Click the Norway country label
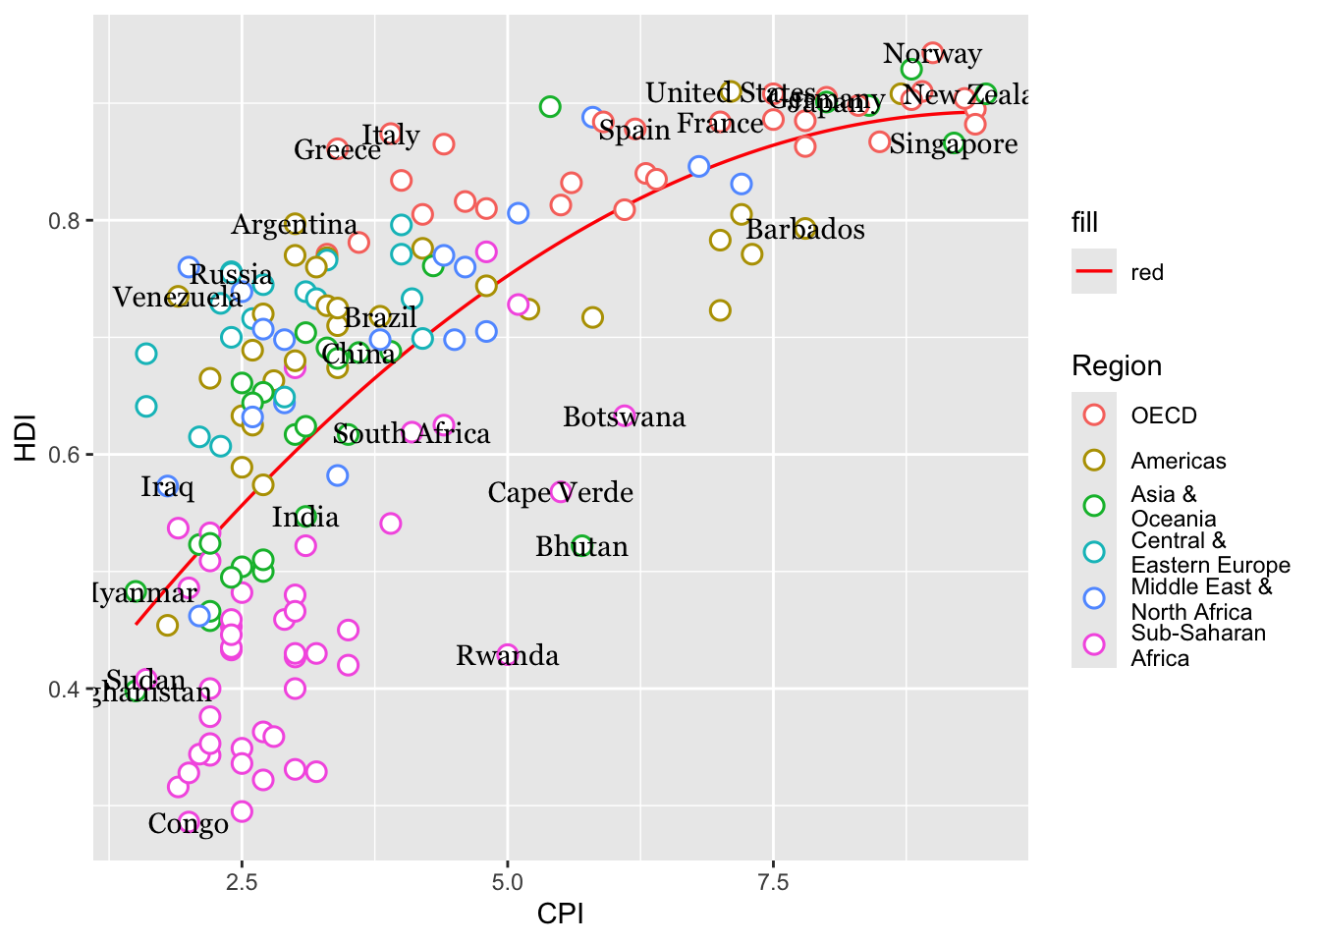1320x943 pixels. coord(932,54)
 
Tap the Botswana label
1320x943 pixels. coord(624,417)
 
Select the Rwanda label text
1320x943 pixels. coord(507,656)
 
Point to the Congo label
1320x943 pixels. coord(188,824)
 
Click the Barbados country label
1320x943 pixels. coord(805,230)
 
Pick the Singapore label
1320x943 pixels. coord(954,144)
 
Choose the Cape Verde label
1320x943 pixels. coord(560,492)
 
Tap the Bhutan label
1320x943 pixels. coord(581,547)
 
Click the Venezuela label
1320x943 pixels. coord(177,298)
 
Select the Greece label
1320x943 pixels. coord(337,150)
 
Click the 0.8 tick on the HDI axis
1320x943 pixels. coord(64,220)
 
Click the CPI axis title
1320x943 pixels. coord(560,915)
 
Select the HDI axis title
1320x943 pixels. coord(26,438)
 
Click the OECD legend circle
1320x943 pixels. coord(1093,415)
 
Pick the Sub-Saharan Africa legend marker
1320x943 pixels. coord(1093,644)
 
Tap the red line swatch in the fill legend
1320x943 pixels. coord(1093,272)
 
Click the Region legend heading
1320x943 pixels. coord(1116,366)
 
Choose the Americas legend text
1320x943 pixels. coord(1178,461)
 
